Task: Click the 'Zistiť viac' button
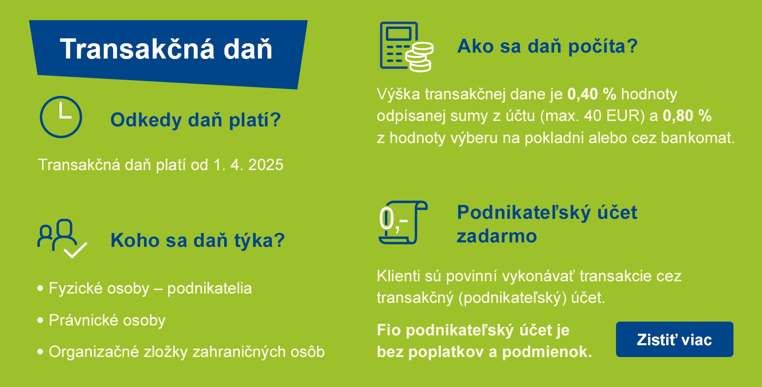coord(674,339)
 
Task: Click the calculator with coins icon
coord(406,47)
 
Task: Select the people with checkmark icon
coord(62,238)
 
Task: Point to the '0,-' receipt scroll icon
coord(403,222)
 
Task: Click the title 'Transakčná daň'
coord(166,49)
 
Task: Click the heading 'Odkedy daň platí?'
coord(196,120)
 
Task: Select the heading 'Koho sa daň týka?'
coord(198,240)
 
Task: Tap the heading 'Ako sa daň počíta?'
coord(547,46)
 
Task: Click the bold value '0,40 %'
coord(591,94)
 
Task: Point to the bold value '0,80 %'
coord(687,116)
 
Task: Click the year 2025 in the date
coord(265,165)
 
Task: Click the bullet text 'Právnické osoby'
coord(107,320)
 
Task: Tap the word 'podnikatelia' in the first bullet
coord(209,289)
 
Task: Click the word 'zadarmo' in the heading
coord(497,236)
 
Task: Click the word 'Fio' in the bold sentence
coord(389,330)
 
